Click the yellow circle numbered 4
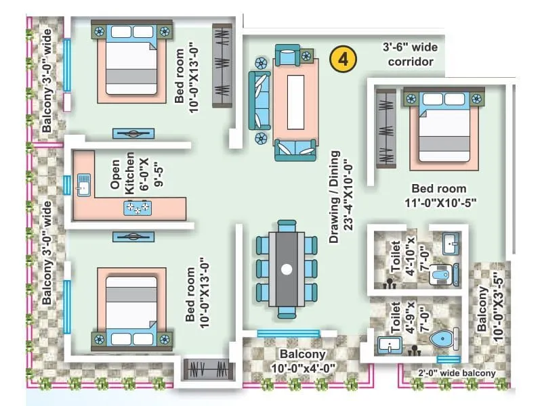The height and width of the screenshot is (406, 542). coord(343,59)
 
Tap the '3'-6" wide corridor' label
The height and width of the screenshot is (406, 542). coord(409,55)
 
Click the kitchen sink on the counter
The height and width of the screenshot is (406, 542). coord(84,184)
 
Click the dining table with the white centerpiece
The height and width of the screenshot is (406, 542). coord(287,269)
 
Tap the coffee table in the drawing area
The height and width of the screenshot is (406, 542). coord(295,101)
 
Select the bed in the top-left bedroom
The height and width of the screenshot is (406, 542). coord(131,62)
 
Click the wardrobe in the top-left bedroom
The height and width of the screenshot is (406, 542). coord(222,66)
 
